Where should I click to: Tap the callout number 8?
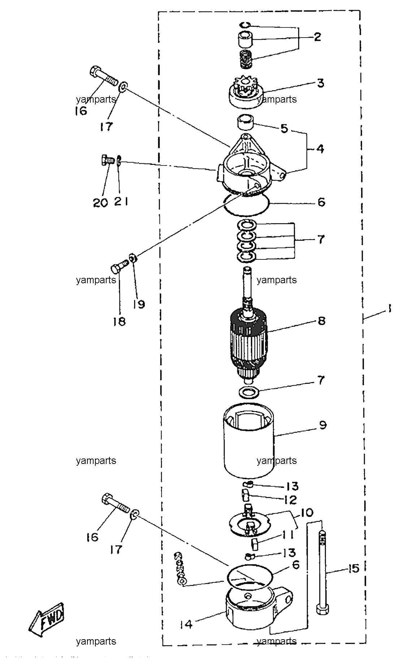tap(321, 320)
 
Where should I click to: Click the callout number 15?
tap(353, 568)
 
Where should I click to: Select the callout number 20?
tap(100, 203)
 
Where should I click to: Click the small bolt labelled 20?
tap(106, 160)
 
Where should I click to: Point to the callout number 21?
tap(121, 202)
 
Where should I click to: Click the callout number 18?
tap(120, 321)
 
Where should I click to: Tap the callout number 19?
tap(139, 304)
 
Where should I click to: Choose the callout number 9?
tap(323, 425)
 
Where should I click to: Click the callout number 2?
tap(317, 37)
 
